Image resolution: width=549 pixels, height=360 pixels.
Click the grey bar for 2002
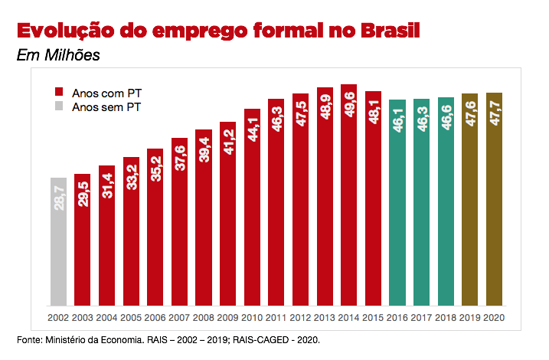58,241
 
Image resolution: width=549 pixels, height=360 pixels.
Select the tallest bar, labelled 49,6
348,195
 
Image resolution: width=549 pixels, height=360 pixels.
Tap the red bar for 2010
252,207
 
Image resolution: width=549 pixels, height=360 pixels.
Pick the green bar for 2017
422,202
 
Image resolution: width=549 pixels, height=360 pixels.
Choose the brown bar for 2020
495,199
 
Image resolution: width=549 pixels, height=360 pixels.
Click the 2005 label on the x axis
131,317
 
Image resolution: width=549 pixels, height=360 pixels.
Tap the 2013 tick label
325,317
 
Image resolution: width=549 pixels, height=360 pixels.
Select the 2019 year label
470,317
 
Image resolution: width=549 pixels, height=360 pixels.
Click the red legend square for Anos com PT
58,92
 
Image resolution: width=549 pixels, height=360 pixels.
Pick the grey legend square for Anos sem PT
58,107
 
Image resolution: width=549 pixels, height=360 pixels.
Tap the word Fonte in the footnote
29,338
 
